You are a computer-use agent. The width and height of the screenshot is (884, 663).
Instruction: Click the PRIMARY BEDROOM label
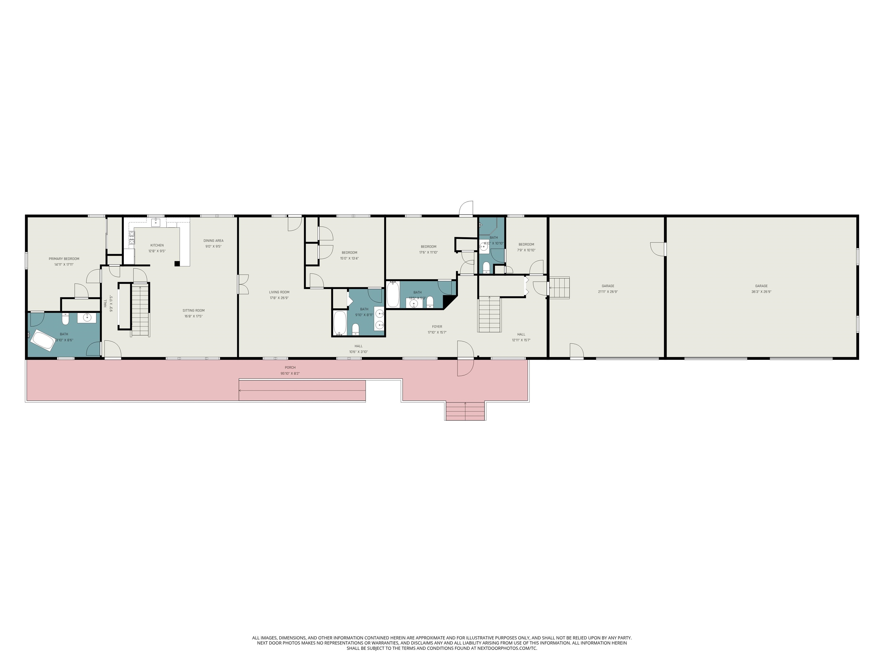pos(64,259)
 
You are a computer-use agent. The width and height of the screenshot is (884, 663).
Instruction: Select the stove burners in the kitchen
pos(132,237)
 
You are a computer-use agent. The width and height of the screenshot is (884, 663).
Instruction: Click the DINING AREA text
pos(214,241)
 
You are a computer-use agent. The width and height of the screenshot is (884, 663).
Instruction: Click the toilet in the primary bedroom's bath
pos(66,319)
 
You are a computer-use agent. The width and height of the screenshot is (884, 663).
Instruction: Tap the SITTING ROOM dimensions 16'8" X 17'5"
pos(193,316)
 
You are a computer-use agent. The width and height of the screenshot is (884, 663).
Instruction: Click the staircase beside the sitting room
pos(140,310)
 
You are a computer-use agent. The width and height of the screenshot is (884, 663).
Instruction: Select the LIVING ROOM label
pos(279,292)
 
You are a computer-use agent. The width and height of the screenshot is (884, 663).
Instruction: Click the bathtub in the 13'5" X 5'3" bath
pos(393,295)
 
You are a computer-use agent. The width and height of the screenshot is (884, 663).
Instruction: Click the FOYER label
pos(437,327)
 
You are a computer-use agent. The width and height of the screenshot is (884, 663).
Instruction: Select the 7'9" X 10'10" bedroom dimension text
pos(526,250)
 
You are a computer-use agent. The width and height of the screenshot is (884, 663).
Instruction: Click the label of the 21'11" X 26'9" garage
pos(608,286)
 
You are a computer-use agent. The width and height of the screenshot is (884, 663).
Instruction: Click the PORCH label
pos(290,367)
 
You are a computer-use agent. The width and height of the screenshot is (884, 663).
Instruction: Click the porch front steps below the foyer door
pos(465,411)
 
